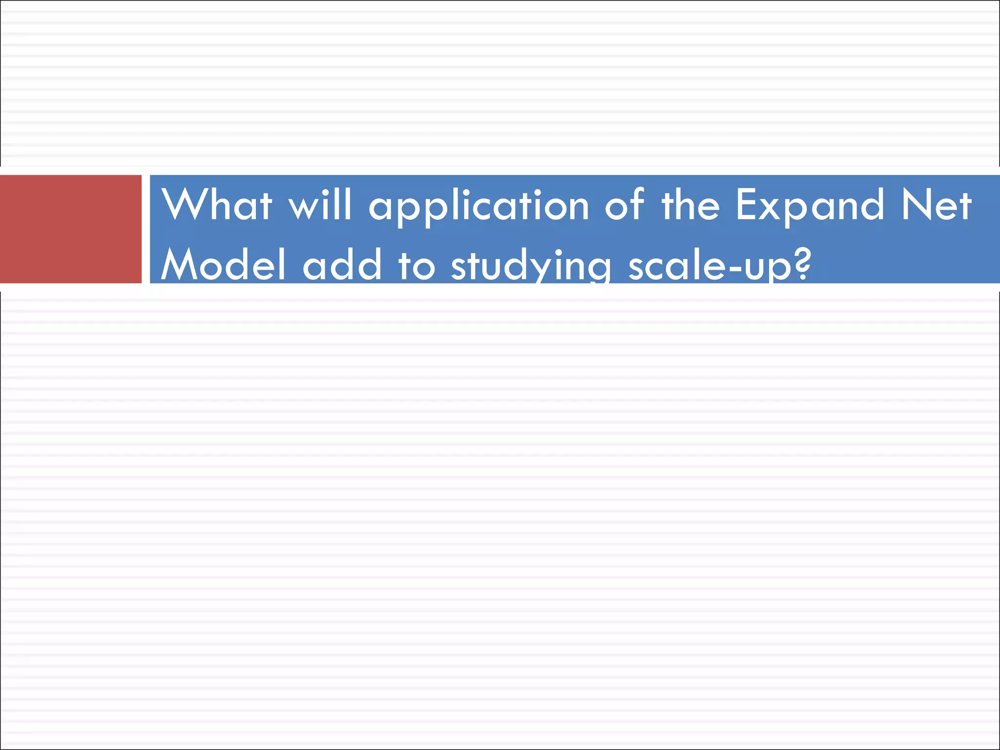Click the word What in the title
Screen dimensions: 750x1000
(x=217, y=205)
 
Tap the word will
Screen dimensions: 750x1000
(x=320, y=205)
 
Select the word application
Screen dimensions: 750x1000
(x=479, y=208)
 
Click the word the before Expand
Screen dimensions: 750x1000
(x=690, y=205)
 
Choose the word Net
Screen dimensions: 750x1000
(x=937, y=205)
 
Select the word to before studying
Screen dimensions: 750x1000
(x=417, y=266)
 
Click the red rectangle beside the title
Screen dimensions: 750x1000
(x=71, y=229)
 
